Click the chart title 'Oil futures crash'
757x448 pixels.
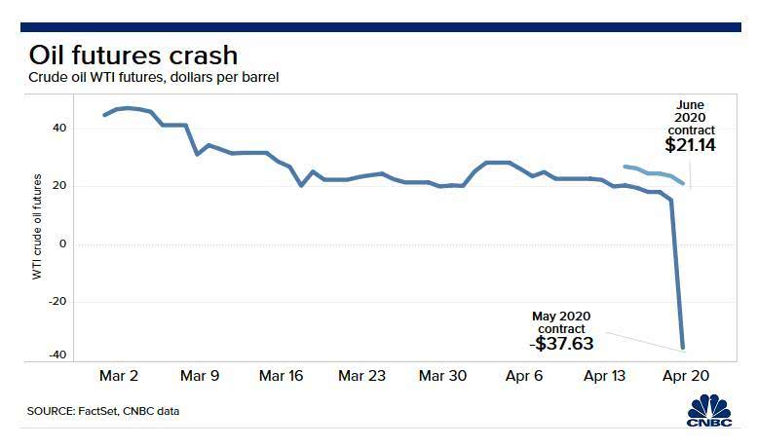click(133, 55)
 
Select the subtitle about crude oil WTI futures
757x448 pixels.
click(154, 77)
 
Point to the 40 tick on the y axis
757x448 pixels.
click(59, 129)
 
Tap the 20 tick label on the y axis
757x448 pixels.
click(59, 186)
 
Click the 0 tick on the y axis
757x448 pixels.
click(63, 243)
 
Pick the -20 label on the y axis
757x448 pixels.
click(57, 301)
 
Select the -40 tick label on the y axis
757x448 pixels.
click(57, 355)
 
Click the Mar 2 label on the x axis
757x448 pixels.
click(120, 376)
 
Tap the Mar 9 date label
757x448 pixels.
click(200, 376)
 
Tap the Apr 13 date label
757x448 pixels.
click(605, 376)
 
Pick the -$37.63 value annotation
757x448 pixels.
click(561, 343)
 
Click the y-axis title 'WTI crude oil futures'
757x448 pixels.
click(38, 226)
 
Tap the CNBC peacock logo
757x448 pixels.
click(708, 407)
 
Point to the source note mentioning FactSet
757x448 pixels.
click(104, 411)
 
